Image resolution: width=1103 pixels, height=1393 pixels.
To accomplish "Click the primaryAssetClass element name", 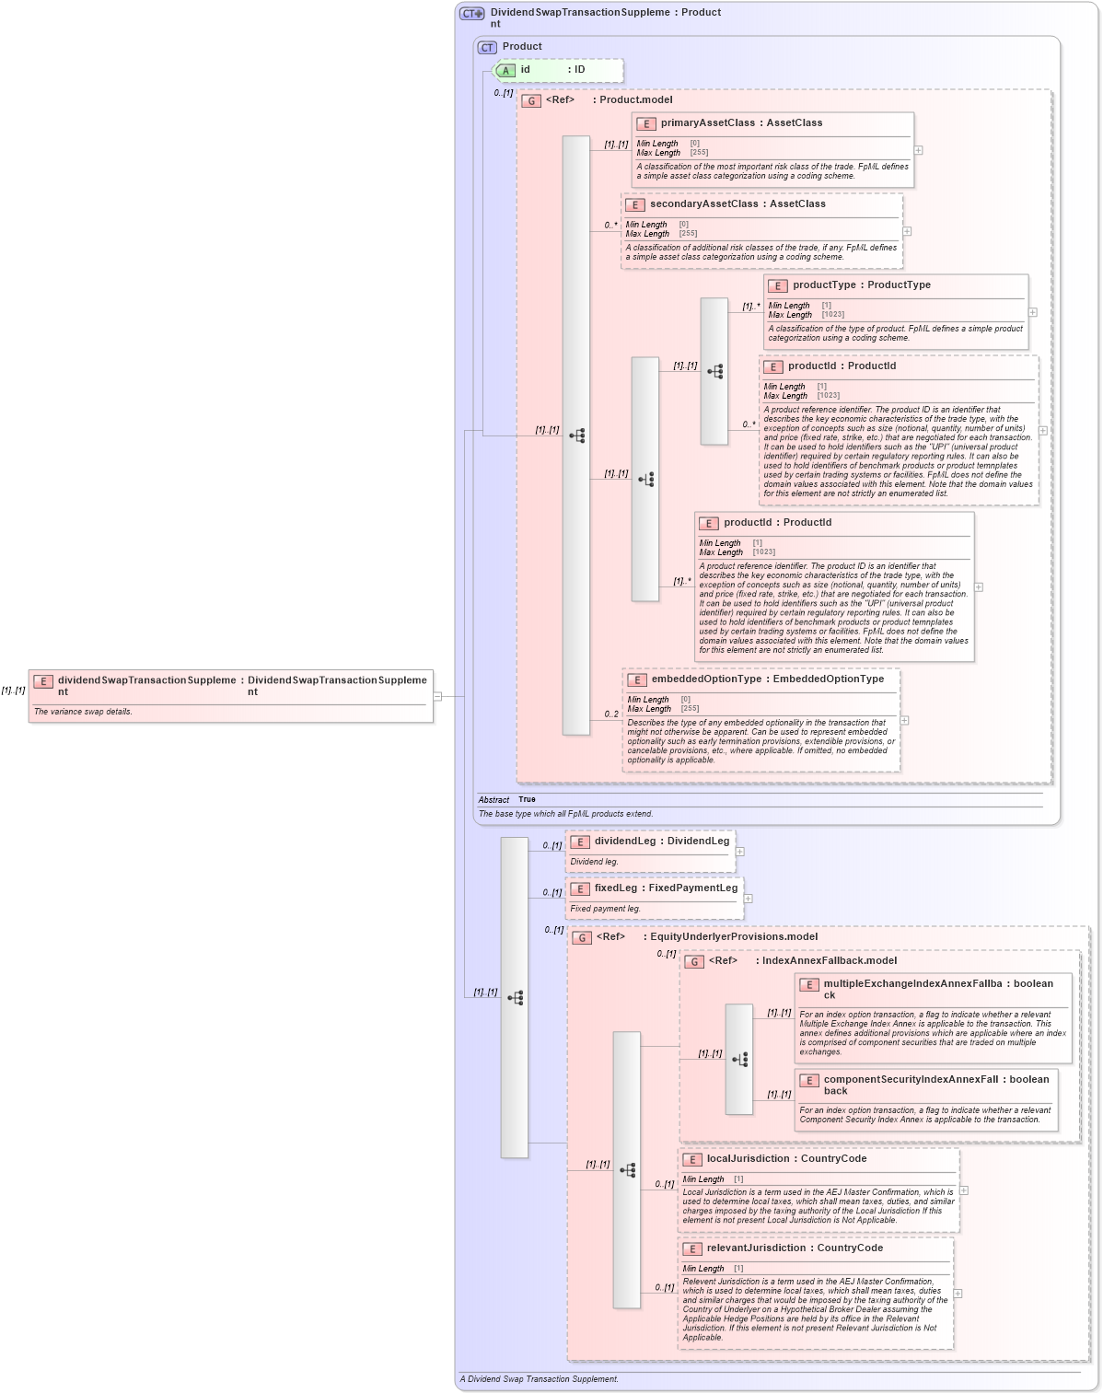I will point(707,122).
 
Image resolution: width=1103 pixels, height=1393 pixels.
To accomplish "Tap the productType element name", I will point(826,284).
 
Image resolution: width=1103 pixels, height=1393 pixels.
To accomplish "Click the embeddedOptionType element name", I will point(706,679).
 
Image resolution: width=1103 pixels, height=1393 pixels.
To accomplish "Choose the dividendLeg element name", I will point(624,841).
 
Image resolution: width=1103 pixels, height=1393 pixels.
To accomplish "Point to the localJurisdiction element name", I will point(750,1158).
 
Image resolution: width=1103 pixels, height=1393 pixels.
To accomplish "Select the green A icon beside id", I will point(505,70).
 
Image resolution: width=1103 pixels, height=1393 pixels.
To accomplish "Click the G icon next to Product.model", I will point(531,100).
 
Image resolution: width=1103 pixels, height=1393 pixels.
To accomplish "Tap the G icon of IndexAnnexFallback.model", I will point(694,961).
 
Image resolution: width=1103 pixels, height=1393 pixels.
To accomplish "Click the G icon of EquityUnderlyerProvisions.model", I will point(582,937).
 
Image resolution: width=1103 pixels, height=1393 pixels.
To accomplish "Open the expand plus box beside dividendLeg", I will point(740,852).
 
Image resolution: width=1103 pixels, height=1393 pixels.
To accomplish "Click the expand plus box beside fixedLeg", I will point(748,899).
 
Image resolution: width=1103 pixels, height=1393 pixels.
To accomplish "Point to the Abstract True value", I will point(527,799).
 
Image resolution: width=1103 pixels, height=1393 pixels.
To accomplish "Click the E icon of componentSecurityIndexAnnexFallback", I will point(809,1080).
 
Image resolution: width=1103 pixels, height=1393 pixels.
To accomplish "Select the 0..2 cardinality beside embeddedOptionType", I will point(611,714).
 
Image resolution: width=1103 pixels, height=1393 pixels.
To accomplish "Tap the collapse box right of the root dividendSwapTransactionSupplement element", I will point(437,696).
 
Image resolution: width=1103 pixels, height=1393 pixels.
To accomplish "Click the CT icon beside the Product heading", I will point(487,47).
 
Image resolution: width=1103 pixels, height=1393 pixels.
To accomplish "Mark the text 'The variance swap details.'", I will point(83,712).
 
